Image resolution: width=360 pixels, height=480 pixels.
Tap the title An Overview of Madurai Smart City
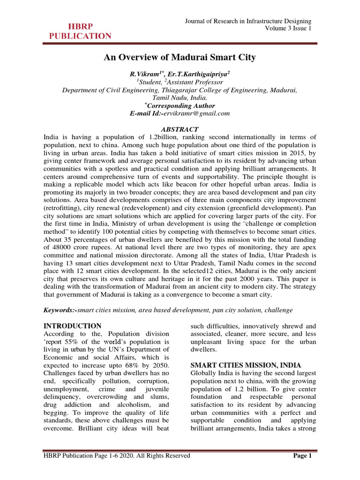coord(180,58)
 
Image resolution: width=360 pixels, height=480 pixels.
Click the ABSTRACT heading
coord(180,129)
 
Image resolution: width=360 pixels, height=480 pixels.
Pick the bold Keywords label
coord(60,310)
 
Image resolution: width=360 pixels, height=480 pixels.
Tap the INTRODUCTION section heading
coord(72,326)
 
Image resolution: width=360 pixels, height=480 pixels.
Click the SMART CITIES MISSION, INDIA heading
coord(246,365)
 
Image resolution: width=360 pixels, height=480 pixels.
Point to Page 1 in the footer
coord(304,455)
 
